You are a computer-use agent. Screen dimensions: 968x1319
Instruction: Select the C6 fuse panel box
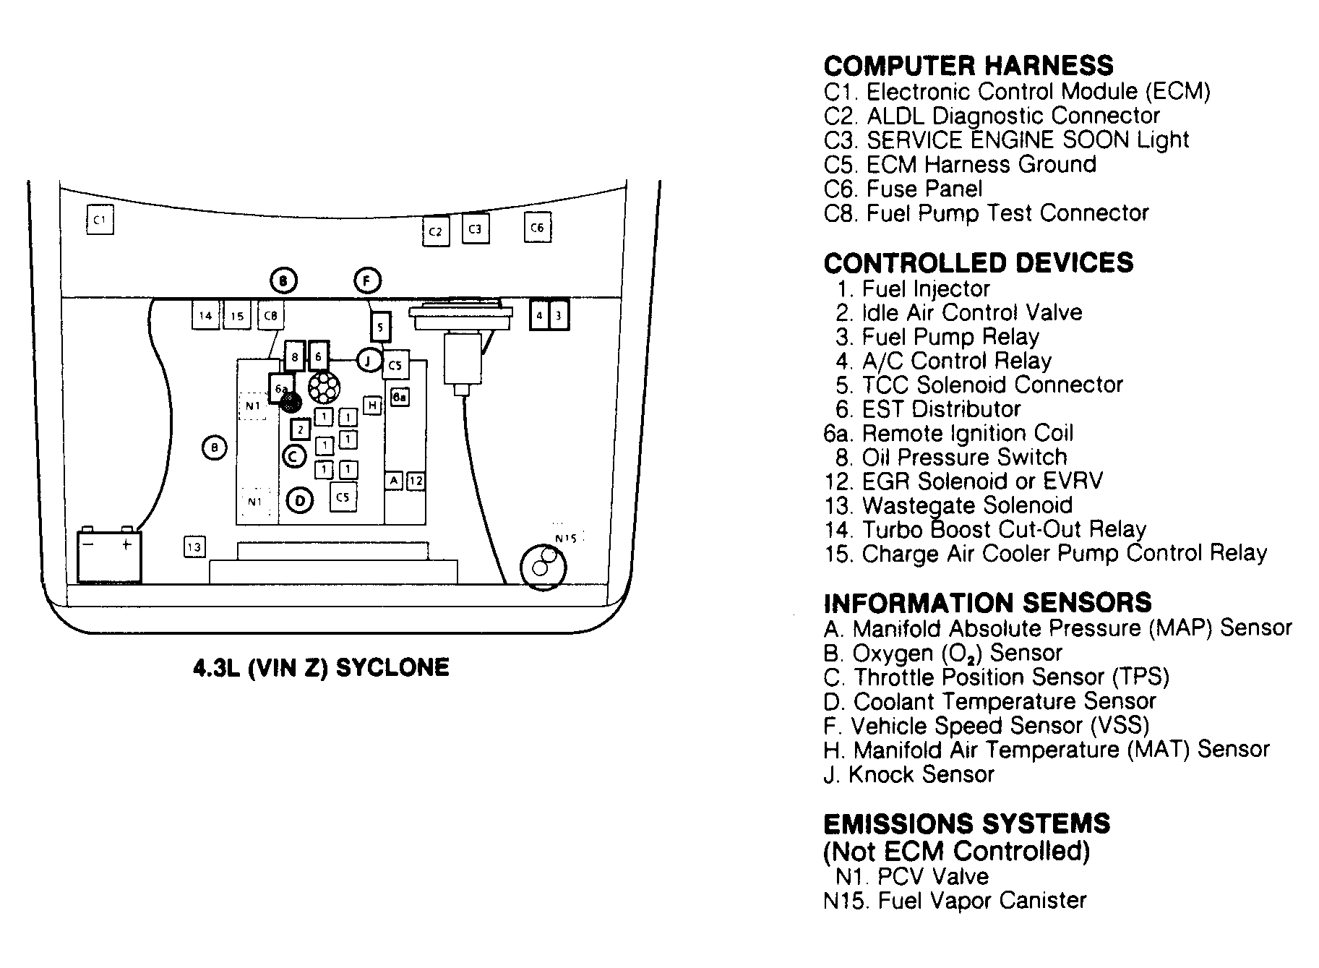(537, 228)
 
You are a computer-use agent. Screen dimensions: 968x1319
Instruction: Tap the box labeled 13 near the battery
(194, 547)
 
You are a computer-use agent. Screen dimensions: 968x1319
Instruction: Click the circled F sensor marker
(367, 280)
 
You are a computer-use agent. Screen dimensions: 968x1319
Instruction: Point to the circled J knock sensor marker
(369, 360)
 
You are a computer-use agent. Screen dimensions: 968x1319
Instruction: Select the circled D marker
(300, 500)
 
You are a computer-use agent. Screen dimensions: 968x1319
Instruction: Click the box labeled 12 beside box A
(416, 481)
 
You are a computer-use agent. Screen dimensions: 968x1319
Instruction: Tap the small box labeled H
(372, 406)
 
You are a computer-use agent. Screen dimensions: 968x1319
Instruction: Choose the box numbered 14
(206, 315)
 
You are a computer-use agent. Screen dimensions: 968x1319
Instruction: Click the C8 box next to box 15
(271, 315)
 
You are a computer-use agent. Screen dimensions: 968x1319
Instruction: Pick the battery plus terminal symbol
(127, 544)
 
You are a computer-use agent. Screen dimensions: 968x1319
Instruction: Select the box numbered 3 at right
(559, 315)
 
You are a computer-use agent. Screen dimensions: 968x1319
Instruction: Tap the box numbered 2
(300, 429)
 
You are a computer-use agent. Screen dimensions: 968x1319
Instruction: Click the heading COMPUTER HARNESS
(968, 66)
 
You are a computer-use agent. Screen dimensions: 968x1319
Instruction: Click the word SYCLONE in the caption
(392, 667)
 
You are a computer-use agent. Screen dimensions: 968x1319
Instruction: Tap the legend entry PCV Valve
(932, 877)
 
